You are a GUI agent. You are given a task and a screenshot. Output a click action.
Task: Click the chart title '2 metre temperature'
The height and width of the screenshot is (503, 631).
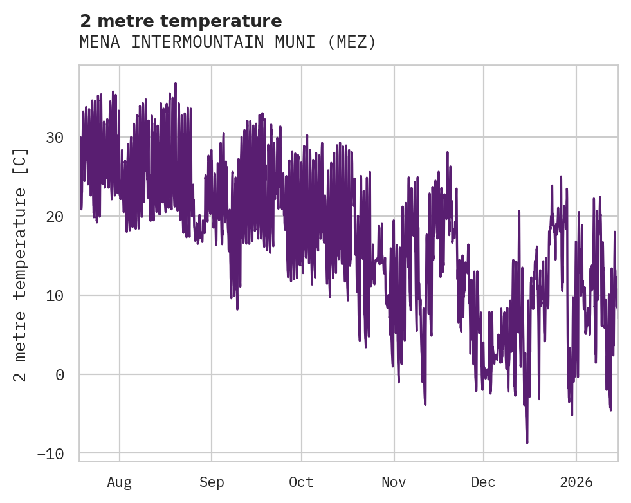coord(181,21)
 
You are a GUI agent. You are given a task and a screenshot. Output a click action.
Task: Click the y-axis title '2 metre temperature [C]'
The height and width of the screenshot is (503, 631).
coord(21,264)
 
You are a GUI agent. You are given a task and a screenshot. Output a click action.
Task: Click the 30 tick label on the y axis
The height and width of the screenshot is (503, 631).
coord(55,137)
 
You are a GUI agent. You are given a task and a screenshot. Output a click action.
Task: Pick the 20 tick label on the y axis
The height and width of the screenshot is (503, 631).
coord(55,216)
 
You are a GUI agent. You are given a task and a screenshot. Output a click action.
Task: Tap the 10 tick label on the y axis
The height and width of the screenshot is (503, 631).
coord(55,295)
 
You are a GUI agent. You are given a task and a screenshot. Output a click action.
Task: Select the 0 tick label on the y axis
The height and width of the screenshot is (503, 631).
coord(60,374)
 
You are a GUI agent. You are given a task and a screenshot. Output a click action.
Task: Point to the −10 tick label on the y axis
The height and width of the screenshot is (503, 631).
coord(50,453)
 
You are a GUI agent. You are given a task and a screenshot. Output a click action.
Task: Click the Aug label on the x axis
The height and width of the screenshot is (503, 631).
coord(120,482)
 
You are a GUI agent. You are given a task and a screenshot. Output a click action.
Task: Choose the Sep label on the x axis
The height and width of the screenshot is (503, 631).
coord(212,482)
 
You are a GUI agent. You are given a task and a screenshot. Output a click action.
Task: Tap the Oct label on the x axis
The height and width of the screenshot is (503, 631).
coord(301,482)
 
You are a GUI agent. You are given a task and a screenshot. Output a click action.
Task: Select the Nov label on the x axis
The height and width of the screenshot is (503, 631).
coord(394,482)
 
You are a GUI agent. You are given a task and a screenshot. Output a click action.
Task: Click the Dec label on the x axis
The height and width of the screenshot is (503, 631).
coord(483,482)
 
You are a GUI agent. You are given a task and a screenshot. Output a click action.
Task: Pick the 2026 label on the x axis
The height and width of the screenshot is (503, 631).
coord(576,482)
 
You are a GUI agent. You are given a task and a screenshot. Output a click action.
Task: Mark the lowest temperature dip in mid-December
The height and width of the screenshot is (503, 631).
coord(527,443)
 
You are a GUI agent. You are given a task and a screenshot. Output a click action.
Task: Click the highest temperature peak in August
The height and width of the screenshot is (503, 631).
coord(175,84)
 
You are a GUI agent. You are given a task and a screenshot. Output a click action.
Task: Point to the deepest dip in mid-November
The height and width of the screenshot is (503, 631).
coord(425,404)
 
